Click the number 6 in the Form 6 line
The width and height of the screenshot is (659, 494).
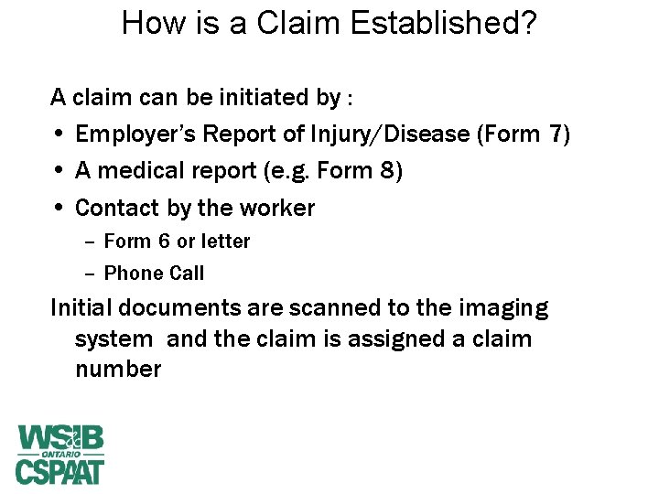click(165, 242)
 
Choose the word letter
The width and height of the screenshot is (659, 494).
click(225, 242)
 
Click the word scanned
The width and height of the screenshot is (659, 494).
click(284, 308)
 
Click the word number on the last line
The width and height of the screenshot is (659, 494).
click(118, 370)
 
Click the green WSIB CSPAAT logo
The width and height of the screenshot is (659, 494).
click(60, 454)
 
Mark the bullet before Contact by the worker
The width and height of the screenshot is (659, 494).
click(59, 209)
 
